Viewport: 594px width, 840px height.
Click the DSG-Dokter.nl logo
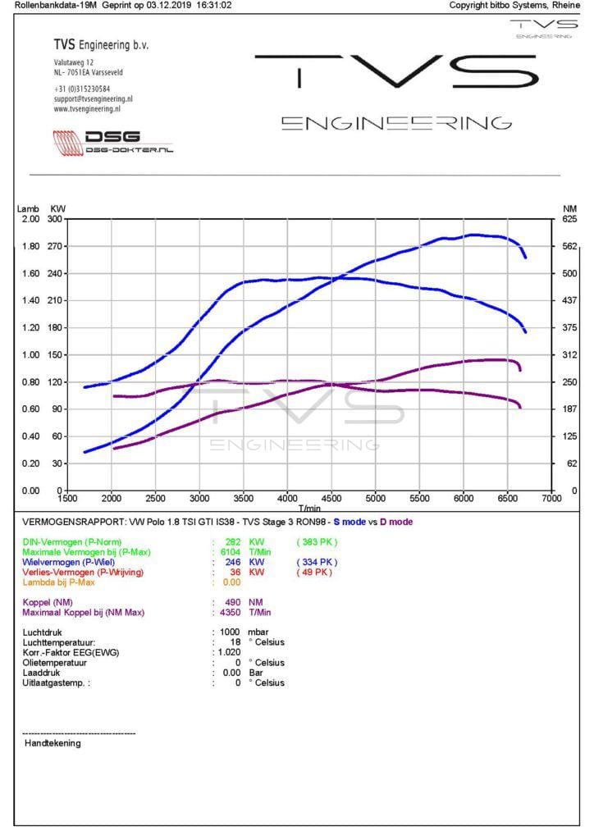point(114,142)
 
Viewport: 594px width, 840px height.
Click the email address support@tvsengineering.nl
point(94,98)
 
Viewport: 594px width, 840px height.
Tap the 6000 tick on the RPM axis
point(464,498)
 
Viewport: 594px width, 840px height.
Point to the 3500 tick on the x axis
point(244,498)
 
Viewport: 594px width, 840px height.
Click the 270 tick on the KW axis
point(57,246)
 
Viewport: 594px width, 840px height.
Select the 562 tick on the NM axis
point(570,246)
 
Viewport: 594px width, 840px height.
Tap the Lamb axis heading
point(28,209)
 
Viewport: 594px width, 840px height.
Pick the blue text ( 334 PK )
point(317,562)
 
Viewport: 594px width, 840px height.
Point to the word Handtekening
point(53,743)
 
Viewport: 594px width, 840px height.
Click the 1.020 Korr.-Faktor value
point(230,652)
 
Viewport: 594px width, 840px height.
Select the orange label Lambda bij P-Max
point(59,582)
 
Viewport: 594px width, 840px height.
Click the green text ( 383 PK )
point(317,541)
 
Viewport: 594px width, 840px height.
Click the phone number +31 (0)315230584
point(83,89)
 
